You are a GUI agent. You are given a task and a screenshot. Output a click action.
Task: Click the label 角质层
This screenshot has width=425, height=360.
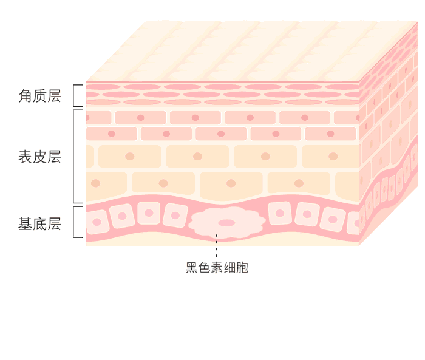click(x=40, y=96)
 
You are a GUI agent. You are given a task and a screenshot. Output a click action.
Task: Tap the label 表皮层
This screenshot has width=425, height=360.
click(x=40, y=157)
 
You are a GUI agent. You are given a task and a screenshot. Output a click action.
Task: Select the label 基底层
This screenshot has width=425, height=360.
click(x=40, y=224)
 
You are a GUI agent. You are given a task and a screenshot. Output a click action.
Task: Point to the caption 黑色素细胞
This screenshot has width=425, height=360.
click(x=217, y=268)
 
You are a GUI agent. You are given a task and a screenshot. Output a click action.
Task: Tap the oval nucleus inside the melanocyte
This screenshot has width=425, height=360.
click(x=226, y=223)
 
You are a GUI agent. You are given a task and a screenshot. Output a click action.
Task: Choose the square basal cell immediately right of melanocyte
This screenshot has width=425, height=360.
click(x=280, y=213)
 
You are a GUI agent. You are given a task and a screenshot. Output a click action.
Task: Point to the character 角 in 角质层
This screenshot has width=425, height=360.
click(x=25, y=96)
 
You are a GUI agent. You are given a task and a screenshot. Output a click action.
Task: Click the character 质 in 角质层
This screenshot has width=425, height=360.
click(x=40, y=96)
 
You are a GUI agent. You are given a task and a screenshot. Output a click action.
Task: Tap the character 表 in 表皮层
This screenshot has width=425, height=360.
click(x=25, y=157)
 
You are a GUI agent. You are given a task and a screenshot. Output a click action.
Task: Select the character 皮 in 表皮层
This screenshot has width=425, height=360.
click(x=40, y=157)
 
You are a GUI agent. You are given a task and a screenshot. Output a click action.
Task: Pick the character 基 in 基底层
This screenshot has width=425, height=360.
click(x=25, y=224)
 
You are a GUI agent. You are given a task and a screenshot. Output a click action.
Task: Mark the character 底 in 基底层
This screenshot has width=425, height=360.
click(x=40, y=224)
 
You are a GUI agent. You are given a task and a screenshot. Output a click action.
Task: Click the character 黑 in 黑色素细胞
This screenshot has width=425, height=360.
click(x=192, y=268)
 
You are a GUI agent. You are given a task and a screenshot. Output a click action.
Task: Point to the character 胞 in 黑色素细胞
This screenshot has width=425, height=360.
click(x=242, y=268)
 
